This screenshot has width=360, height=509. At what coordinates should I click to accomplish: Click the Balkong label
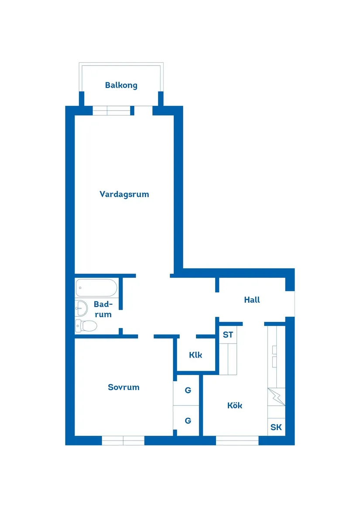pyautogui.click(x=121, y=85)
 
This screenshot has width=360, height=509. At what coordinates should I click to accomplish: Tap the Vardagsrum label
pyautogui.click(x=124, y=195)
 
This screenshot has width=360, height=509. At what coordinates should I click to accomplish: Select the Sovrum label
pyautogui.click(x=123, y=387)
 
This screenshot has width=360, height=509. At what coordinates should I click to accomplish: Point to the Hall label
pyautogui.click(x=252, y=300)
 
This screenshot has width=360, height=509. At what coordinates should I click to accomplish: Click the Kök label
pyautogui.click(x=235, y=406)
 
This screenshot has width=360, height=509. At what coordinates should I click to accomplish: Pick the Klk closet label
pyautogui.click(x=195, y=355)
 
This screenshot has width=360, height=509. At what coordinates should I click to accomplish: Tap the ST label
pyautogui.click(x=228, y=335)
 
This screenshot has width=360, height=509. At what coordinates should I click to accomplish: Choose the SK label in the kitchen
pyautogui.click(x=276, y=427)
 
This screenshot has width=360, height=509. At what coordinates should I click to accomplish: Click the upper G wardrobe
pyautogui.click(x=188, y=390)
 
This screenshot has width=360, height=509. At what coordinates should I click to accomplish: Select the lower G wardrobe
pyautogui.click(x=188, y=421)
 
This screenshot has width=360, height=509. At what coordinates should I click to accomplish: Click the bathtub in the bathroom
pyautogui.click(x=96, y=288)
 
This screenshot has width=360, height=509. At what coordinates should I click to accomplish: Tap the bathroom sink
pyautogui.click(x=81, y=308)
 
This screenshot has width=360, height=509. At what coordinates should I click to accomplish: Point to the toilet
pyautogui.click(x=86, y=325)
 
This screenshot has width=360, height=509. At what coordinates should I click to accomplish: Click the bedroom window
pyautogui.click(x=123, y=441)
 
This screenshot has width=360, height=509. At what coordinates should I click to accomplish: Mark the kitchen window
pyautogui.click(x=237, y=441)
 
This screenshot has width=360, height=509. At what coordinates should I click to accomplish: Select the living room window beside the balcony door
pyautogui.click(x=112, y=111)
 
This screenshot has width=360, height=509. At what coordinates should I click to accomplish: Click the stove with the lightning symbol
pyautogui.click(x=276, y=396)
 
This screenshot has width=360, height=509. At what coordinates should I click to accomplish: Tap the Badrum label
pyautogui.click(x=103, y=309)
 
